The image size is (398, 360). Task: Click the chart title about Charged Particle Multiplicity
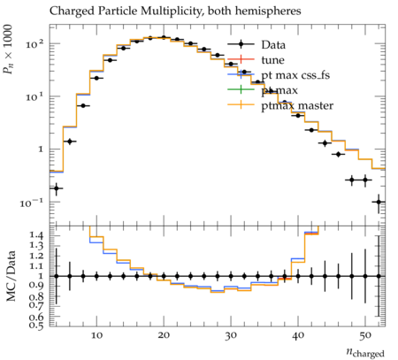(175, 11)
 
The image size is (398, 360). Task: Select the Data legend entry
(256, 45)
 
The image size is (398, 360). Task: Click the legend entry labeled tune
(256, 60)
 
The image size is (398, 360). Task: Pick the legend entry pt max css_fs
(279, 75)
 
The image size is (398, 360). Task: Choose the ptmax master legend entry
(280, 105)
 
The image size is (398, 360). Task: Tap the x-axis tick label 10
(96, 335)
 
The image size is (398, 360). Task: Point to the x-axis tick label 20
(164, 335)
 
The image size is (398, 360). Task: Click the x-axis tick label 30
(231, 335)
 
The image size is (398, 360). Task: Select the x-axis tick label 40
(298, 335)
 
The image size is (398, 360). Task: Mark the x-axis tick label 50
(365, 335)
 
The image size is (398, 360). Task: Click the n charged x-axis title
(365, 352)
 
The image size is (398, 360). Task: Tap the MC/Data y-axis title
(11, 276)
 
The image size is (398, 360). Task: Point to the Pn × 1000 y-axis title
(8, 50)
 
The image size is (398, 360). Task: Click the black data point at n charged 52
(379, 202)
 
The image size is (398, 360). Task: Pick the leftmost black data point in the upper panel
(56, 188)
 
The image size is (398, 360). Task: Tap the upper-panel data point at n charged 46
(339, 154)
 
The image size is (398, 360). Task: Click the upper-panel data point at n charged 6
(70, 142)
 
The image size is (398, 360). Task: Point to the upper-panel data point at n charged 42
(311, 130)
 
